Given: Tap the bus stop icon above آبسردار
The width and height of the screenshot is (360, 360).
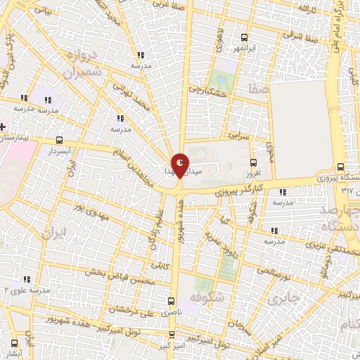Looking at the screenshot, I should pyautogui.click(x=59, y=140).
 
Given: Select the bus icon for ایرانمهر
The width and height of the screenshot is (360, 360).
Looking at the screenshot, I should pyautogui.click(x=244, y=37).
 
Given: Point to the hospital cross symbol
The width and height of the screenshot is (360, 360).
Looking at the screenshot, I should pyautogui.click(x=3, y=127).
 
